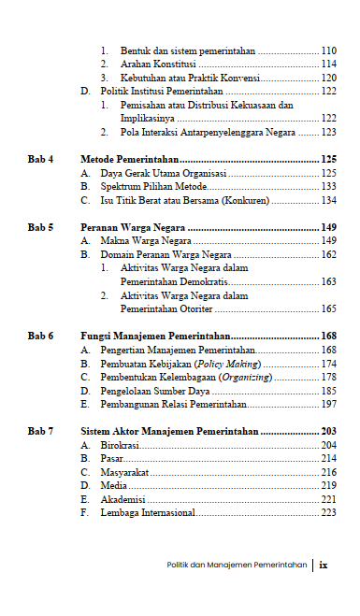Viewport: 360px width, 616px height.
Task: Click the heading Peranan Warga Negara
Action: [x=131, y=227]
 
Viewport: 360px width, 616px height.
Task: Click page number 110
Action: [x=328, y=50]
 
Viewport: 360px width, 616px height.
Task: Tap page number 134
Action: [x=328, y=200]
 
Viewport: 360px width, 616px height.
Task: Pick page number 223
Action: [x=328, y=512]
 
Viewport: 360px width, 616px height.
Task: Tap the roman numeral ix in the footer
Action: [x=324, y=565]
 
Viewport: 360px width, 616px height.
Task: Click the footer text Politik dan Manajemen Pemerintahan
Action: [x=237, y=566]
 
